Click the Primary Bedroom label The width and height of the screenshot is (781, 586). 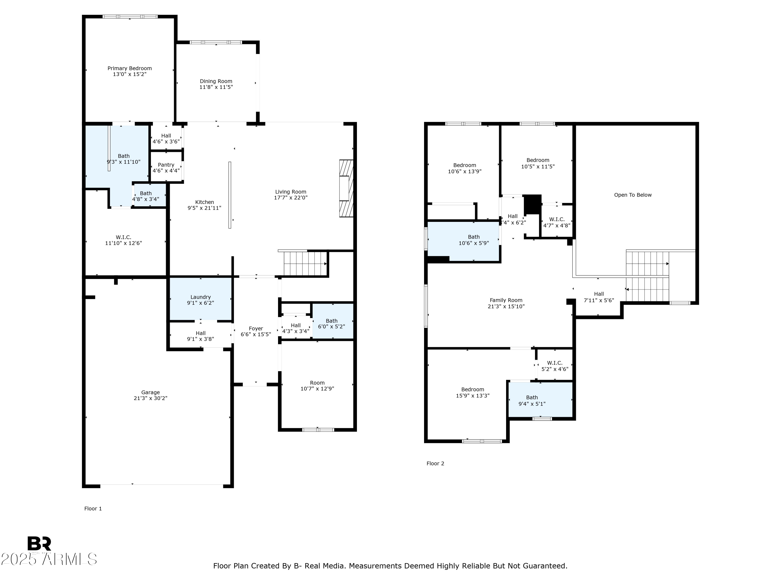coord(130,68)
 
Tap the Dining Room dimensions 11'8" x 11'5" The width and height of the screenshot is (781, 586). coord(216,87)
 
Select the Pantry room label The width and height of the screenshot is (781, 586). coord(166,165)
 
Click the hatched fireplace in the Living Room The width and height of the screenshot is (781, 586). coord(346,188)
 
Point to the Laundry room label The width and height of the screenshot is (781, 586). coord(200,297)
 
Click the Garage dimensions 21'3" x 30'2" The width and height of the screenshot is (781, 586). coord(150,398)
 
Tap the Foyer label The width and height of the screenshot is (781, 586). coord(256,328)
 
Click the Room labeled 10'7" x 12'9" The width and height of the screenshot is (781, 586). coord(317,386)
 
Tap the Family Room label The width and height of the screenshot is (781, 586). coord(506,300)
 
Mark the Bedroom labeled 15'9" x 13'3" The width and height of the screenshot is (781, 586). coord(473,392)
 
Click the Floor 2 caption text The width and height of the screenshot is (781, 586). coord(435,463)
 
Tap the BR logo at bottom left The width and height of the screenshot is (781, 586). coord(39,544)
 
